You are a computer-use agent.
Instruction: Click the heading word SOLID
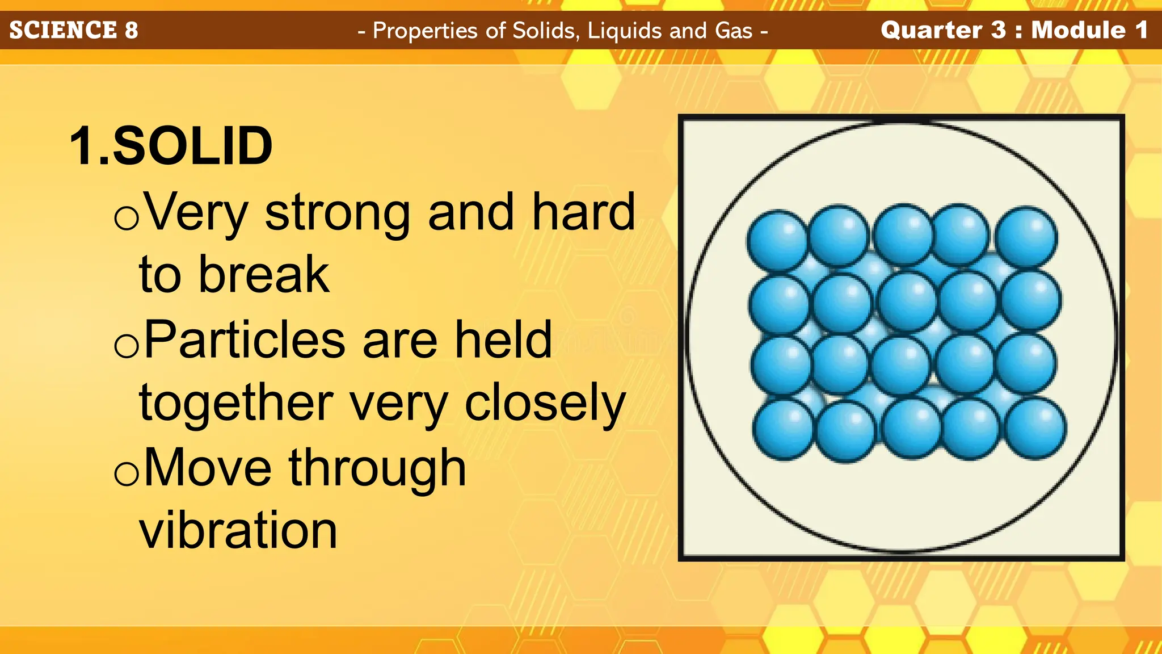[193, 146]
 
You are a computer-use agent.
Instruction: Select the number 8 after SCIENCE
[131, 30]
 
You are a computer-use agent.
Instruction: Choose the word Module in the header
[1078, 30]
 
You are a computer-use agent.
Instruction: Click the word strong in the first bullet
[338, 213]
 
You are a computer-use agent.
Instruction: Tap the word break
[263, 275]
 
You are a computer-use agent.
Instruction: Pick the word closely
[545, 404]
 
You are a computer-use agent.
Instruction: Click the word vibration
[238, 530]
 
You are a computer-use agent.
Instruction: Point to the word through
[377, 468]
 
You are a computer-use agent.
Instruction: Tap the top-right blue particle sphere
[1026, 237]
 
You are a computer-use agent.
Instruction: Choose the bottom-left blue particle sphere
[784, 429]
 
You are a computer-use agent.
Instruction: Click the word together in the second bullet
[236, 403]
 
